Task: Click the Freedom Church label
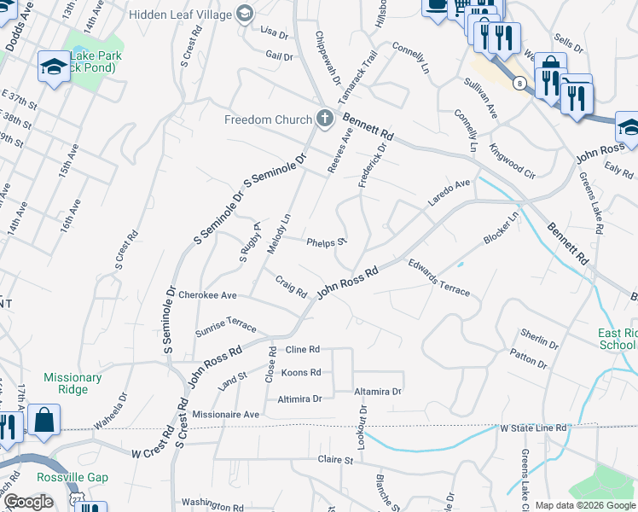[x=269, y=119]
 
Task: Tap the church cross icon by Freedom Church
[x=324, y=119]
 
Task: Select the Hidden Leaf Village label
[x=180, y=15]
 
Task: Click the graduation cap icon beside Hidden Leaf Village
[x=246, y=14]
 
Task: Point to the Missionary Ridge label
[x=72, y=383]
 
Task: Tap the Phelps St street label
[x=327, y=241]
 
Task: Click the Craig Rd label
[x=291, y=287]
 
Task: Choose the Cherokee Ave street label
[x=207, y=295]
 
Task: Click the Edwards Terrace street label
[x=438, y=277]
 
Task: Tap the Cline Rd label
[x=303, y=350]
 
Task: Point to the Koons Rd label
[x=301, y=373]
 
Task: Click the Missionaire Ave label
[x=225, y=414]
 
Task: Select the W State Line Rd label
[x=533, y=428]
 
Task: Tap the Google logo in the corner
[x=29, y=502]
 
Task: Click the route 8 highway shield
[x=519, y=83]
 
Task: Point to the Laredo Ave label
[x=449, y=193]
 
